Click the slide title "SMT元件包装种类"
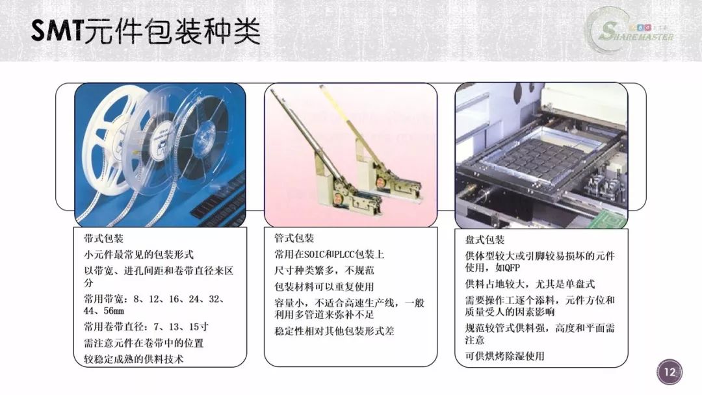tap(146, 31)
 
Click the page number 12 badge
tap(669, 372)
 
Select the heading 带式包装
tap(103, 238)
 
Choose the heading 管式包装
tap(294, 238)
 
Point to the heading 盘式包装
tap(485, 240)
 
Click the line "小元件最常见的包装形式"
tap(139, 255)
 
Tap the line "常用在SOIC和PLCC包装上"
tap(329, 255)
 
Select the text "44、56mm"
tap(103, 311)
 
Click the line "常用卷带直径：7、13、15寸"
tap(146, 327)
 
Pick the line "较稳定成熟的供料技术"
tap(133, 359)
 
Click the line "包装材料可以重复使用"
tap(324, 287)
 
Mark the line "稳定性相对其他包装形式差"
tap(334, 331)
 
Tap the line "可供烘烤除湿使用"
tap(504, 356)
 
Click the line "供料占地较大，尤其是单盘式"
tap(530, 284)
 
